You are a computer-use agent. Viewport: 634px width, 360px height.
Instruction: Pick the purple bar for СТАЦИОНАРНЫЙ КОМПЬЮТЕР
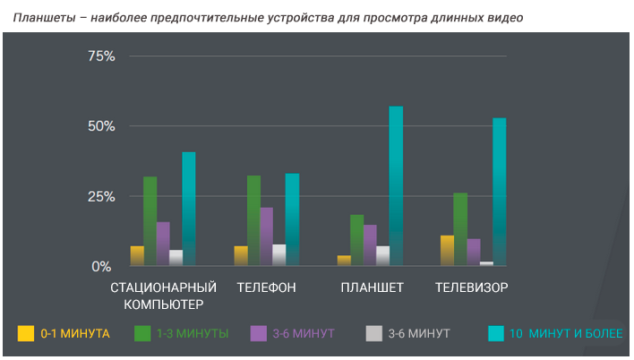(x=163, y=244)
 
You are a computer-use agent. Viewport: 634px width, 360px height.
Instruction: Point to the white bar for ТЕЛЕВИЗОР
(x=486, y=263)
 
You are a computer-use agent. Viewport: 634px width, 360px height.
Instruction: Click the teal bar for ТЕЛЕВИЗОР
(x=500, y=193)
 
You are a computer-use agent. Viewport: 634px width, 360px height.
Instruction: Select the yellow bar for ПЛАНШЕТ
(x=344, y=261)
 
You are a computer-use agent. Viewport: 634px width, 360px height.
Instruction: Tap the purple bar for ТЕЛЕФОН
(x=266, y=236)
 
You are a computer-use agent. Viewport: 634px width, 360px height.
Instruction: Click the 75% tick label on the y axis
(x=101, y=56)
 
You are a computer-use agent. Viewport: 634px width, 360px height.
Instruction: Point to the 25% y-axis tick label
(x=101, y=196)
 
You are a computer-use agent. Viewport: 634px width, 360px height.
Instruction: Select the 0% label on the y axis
(x=101, y=266)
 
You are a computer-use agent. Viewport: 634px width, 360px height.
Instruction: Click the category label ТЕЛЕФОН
(x=267, y=288)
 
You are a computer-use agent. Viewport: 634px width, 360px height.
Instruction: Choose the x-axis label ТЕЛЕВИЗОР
(x=472, y=288)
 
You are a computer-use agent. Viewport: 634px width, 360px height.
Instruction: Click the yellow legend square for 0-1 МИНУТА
(x=26, y=334)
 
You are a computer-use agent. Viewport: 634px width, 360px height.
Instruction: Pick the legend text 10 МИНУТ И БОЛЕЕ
(x=565, y=334)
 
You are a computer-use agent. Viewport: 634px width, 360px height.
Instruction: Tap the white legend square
(x=373, y=334)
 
